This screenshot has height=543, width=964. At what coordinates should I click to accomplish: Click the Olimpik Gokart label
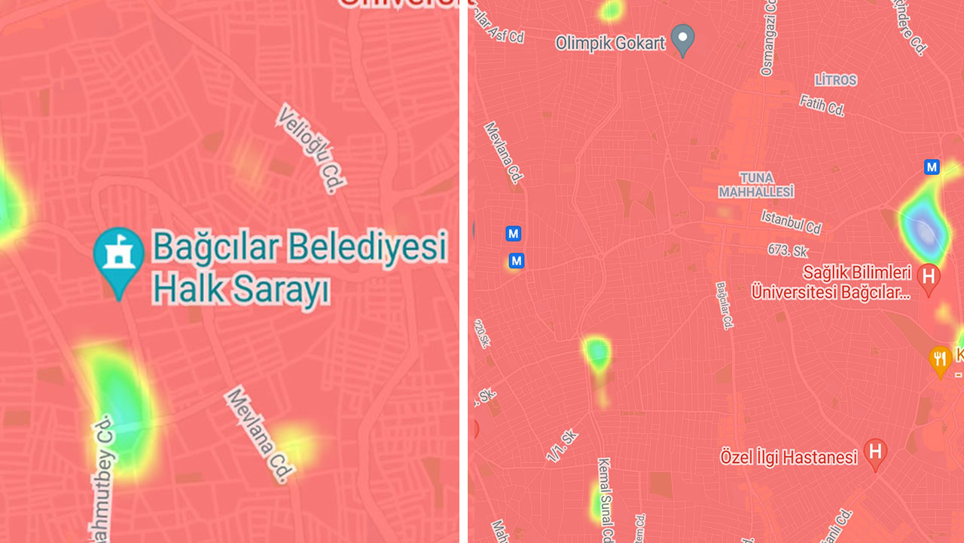pyautogui.click(x=610, y=43)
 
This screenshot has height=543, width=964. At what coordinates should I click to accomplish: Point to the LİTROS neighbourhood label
pyautogui.click(x=836, y=80)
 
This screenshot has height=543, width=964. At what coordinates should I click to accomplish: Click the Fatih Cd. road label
pyautogui.click(x=822, y=106)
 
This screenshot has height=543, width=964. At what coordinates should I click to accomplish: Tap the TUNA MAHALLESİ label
pyautogui.click(x=756, y=185)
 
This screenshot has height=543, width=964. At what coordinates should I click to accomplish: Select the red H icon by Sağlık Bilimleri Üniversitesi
pyautogui.click(x=929, y=277)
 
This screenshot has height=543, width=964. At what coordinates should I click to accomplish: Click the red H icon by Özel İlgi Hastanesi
pyautogui.click(x=875, y=452)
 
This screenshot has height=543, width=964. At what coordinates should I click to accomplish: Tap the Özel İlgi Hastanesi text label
pyautogui.click(x=789, y=457)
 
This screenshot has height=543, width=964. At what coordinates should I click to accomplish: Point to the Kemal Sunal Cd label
pyautogui.click(x=605, y=498)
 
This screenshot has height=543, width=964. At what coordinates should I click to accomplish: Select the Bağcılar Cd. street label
pyautogui.click(x=725, y=305)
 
